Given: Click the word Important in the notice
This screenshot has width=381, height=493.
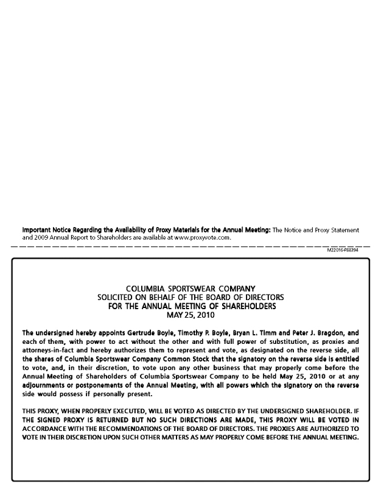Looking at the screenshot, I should pos(38,230).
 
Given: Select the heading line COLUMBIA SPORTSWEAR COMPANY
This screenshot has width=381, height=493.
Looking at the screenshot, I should pos(190,288).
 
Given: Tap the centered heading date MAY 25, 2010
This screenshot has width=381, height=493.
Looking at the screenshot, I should pos(190,315).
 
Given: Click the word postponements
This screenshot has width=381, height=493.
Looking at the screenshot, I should pos(101,386).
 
